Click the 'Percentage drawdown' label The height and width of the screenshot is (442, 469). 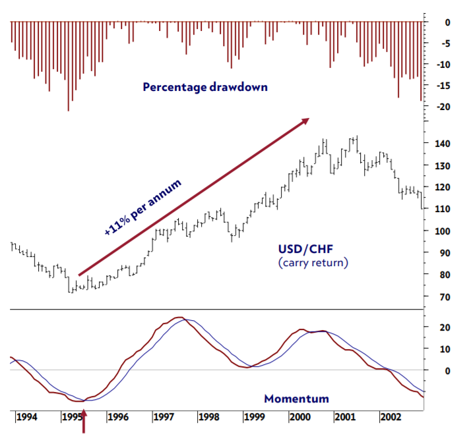(205, 86)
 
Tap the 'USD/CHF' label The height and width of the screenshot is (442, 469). (305, 250)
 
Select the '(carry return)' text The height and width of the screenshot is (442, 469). (313, 263)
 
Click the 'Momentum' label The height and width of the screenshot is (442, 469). (296, 399)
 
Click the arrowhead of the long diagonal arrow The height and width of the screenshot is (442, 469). (305, 121)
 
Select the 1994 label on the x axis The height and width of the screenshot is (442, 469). (26, 417)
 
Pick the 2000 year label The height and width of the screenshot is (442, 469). (300, 417)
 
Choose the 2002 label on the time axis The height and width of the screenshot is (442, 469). (391, 417)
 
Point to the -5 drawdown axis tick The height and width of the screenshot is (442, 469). (447, 43)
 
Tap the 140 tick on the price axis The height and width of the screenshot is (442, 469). (443, 144)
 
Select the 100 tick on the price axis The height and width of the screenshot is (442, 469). (443, 231)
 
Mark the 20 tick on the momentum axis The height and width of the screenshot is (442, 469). (445, 327)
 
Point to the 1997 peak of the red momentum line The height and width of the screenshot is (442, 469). (177, 318)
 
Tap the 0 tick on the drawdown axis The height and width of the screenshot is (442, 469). (448, 22)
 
